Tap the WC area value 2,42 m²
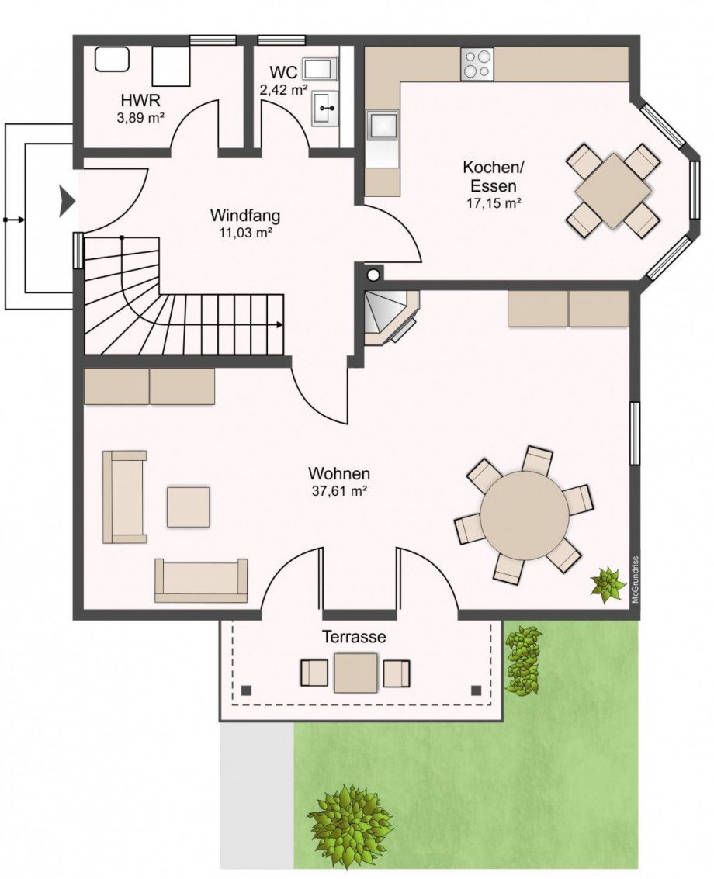(282, 89)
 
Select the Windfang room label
(244, 215)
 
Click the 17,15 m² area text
(490, 202)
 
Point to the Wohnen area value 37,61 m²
(338, 490)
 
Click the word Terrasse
(354, 637)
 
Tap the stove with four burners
(477, 64)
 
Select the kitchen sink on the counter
(382, 125)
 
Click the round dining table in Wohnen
(525, 514)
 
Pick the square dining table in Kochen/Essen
(613, 191)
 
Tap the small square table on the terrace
(355, 673)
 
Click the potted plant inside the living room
(607, 584)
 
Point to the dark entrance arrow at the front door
(67, 202)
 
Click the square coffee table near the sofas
(188, 507)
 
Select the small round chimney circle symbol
(373, 274)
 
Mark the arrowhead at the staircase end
(278, 324)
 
